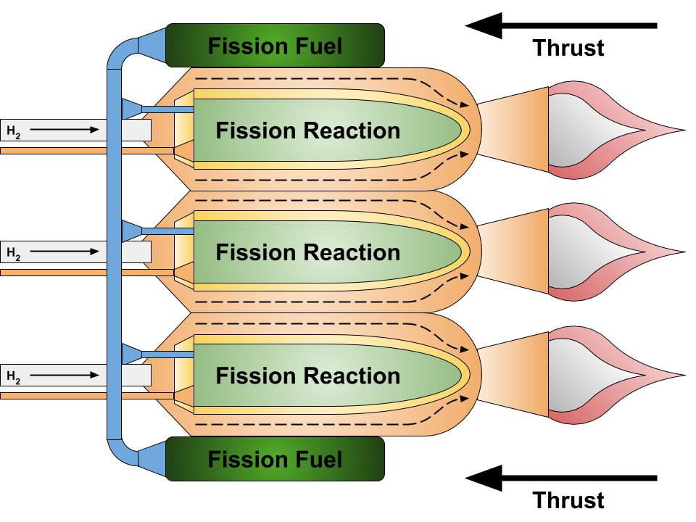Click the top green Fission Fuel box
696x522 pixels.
275,46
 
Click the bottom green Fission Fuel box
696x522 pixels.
275,459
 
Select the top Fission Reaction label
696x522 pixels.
307,130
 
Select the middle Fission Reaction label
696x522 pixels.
307,252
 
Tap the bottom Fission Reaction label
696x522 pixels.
307,376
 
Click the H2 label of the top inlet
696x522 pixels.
14,131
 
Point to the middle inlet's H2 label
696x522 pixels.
14,253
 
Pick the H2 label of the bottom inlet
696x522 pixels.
14,376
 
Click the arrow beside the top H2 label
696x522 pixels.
65,130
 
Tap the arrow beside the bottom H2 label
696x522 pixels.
65,375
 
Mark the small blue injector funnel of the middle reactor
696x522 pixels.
132,231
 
